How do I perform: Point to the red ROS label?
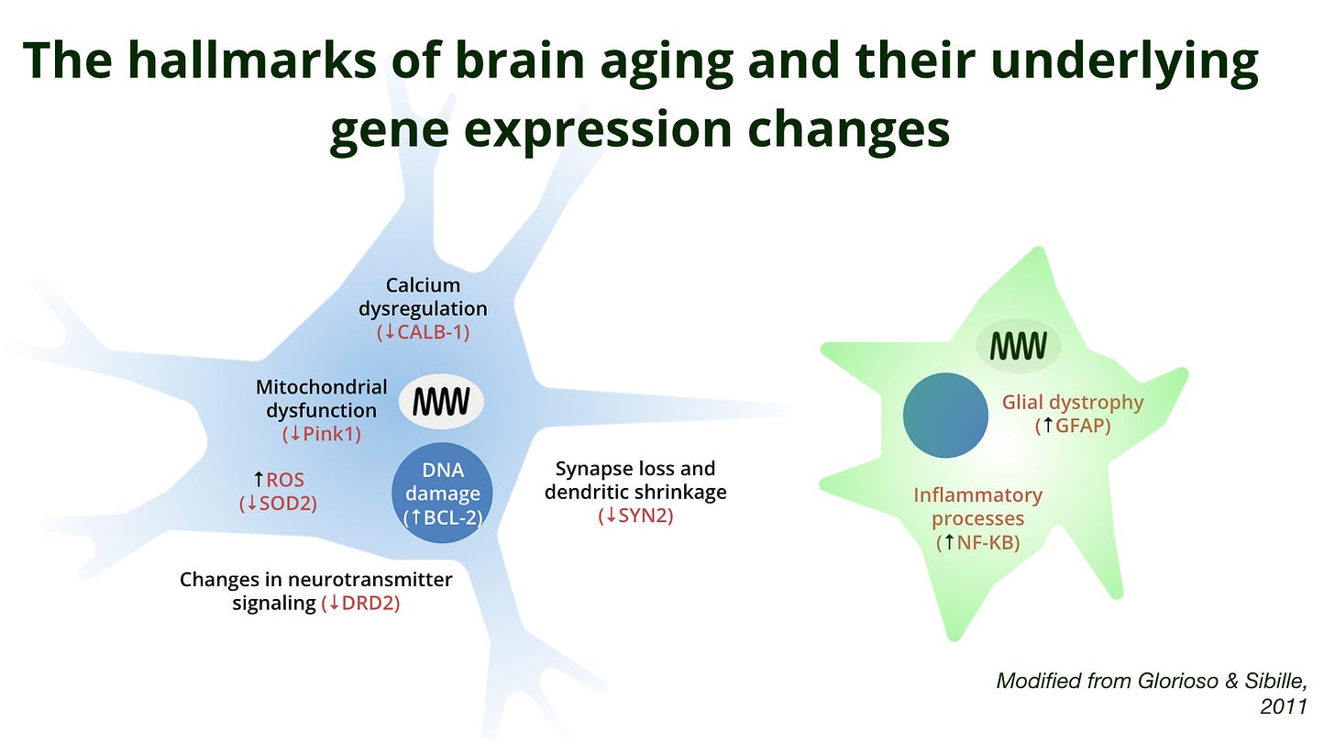(x=284, y=479)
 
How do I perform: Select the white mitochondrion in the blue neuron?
(x=441, y=401)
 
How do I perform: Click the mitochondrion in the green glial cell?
(x=1018, y=346)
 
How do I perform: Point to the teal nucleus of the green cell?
(x=945, y=416)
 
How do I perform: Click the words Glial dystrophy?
(x=1073, y=402)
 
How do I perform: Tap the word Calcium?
(x=423, y=285)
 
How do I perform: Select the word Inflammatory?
(x=977, y=495)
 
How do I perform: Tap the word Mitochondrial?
(x=321, y=386)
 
